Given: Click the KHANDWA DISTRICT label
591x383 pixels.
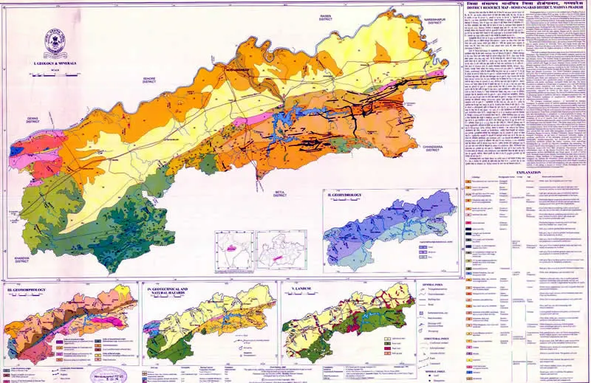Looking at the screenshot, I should tap(16, 258).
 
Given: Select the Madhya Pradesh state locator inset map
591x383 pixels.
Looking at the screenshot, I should tap(280, 252).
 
